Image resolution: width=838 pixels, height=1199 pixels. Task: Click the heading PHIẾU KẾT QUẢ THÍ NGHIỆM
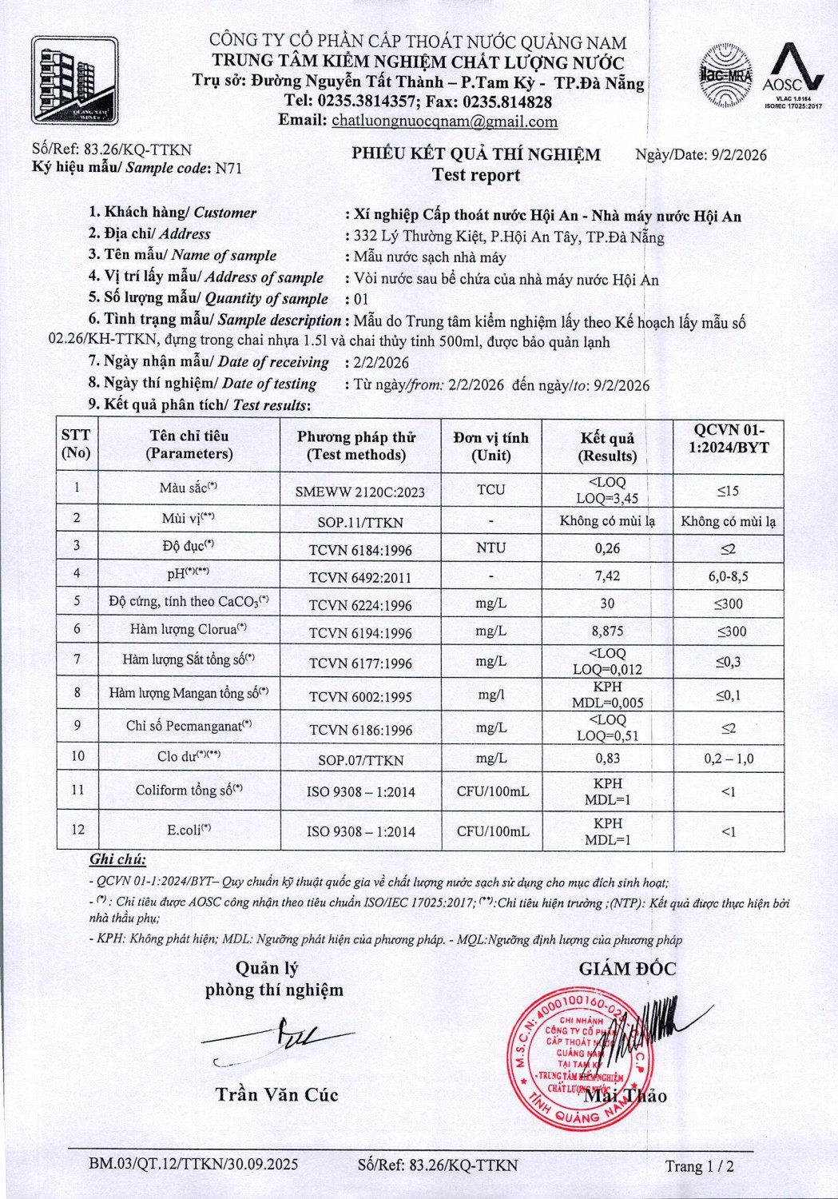(x=476, y=154)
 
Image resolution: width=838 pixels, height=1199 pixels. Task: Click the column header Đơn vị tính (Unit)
(x=490, y=446)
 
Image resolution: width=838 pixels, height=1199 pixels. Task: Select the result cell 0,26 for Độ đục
(x=607, y=548)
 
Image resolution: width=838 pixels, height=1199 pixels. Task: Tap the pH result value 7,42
(x=607, y=576)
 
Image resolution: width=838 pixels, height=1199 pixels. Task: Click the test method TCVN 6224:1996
(x=360, y=605)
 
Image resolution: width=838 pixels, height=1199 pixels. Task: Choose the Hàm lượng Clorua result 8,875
(x=607, y=631)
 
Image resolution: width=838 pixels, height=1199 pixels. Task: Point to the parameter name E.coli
(x=189, y=831)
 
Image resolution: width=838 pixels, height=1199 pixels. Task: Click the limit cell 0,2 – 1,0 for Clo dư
(x=728, y=759)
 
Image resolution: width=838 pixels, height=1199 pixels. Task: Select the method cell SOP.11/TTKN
(x=360, y=522)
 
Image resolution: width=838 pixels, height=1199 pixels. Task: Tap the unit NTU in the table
(x=490, y=548)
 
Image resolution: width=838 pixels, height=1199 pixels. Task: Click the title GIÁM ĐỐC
(x=627, y=969)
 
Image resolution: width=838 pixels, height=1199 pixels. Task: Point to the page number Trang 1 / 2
(x=699, y=1166)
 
